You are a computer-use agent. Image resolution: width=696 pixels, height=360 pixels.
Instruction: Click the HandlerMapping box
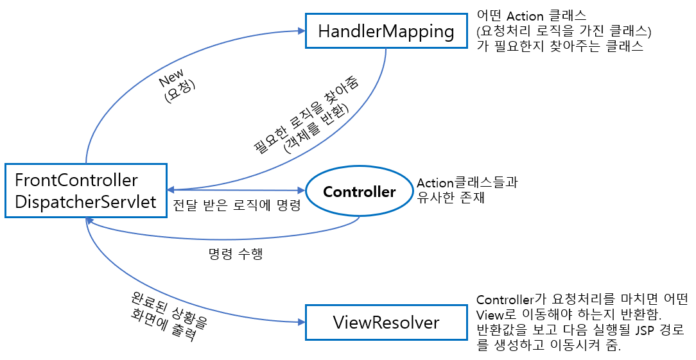[387, 31]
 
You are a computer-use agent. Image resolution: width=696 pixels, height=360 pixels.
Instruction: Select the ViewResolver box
[386, 321]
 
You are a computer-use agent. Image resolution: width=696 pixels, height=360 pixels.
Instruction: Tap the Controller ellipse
[359, 192]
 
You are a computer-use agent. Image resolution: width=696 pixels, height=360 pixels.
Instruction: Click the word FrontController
[76, 179]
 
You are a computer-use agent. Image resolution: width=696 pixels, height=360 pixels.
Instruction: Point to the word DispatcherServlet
[85, 202]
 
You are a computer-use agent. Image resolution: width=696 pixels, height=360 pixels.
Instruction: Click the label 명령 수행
[236, 253]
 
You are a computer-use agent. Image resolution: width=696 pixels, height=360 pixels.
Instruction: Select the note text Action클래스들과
[467, 183]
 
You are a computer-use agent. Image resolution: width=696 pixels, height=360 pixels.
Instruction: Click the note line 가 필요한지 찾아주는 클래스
[559, 47]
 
